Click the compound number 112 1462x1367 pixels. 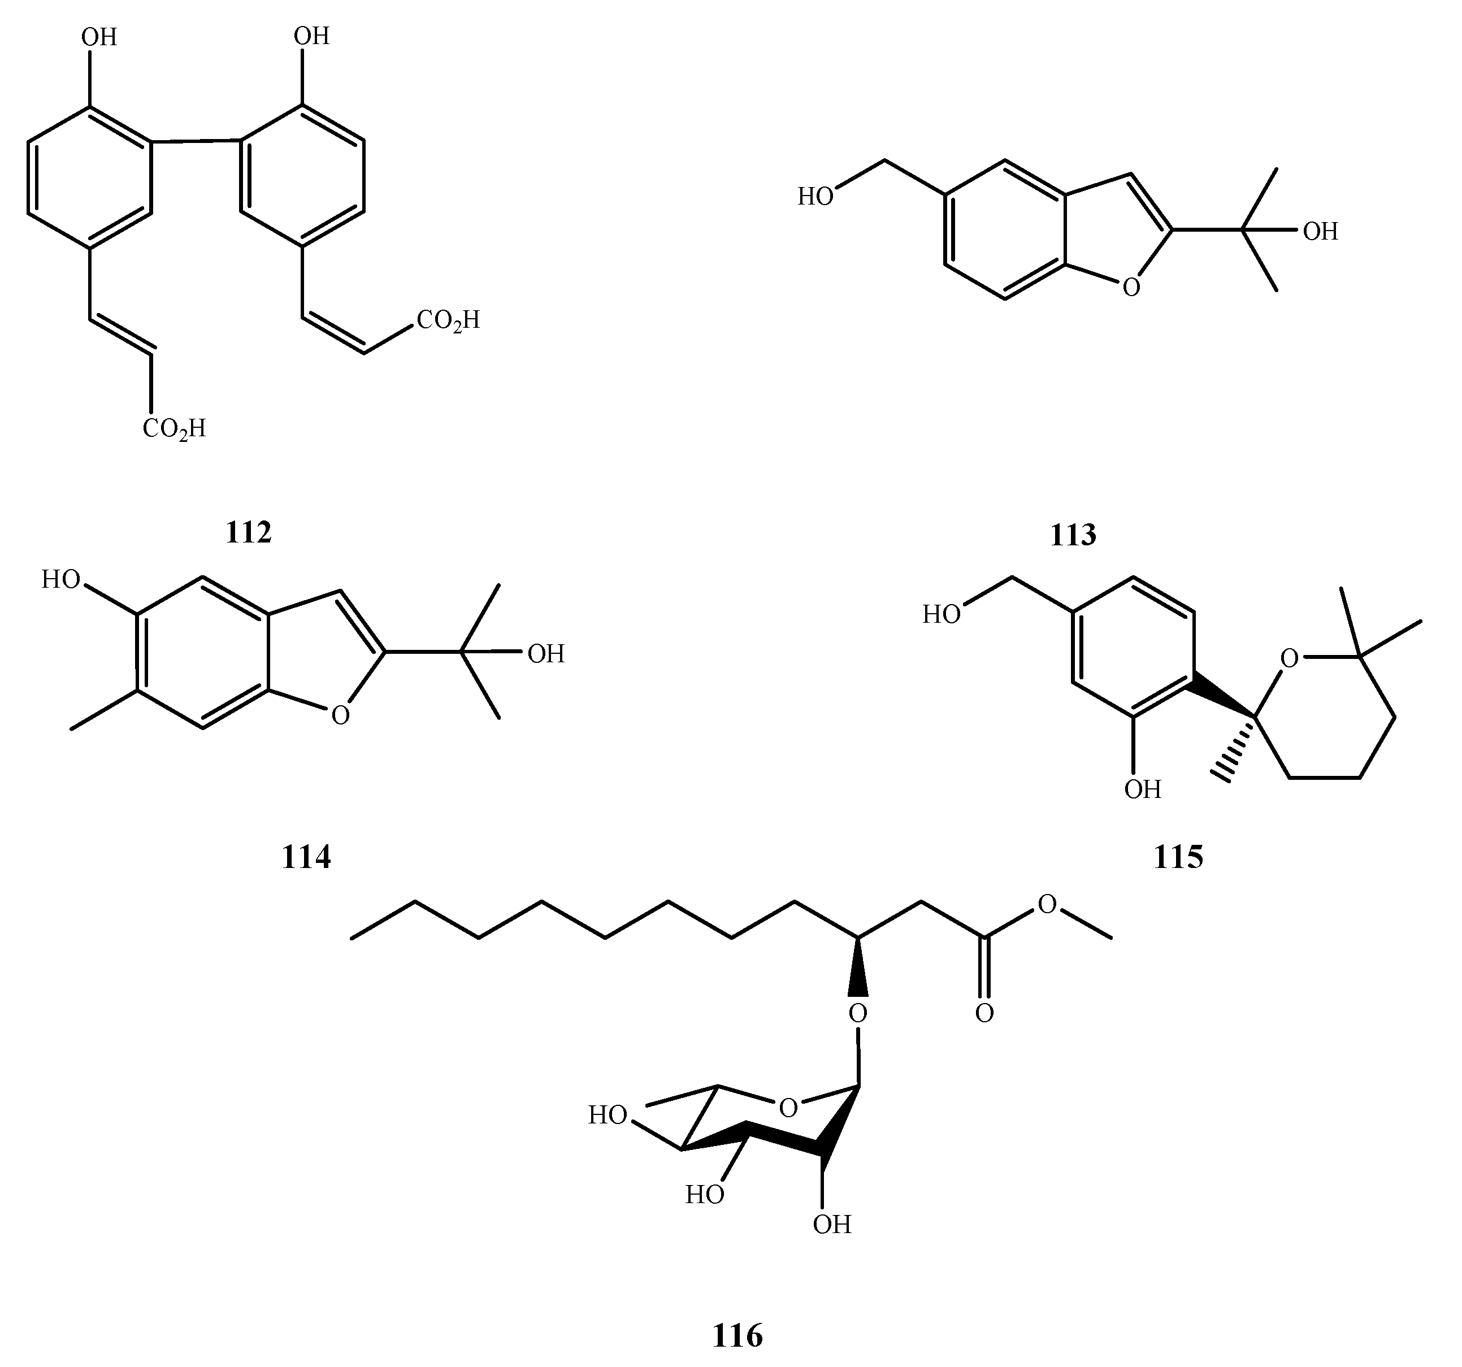[249, 532]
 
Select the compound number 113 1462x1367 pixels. [1073, 535]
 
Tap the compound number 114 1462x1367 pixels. [306, 857]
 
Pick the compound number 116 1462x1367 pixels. [737, 1335]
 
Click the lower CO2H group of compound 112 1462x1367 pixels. [173, 428]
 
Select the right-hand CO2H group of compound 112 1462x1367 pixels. [448, 320]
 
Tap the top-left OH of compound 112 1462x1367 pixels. [99, 37]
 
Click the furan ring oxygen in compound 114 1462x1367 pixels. [340, 715]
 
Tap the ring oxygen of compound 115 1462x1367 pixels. [1289, 659]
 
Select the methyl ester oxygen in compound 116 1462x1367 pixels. [1047, 904]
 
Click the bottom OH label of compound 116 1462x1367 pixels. [832, 1225]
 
